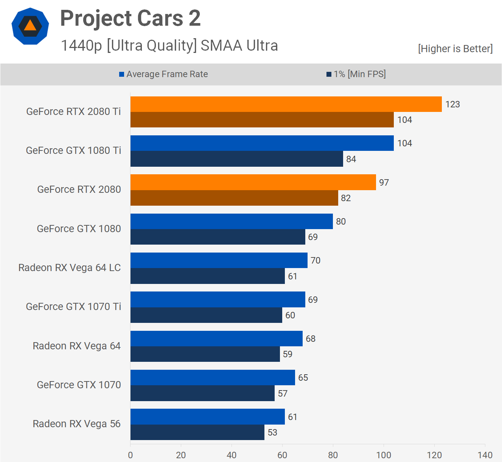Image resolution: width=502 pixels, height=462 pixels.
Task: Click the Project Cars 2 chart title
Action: coord(131,18)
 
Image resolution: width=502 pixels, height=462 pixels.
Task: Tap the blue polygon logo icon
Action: coord(30,26)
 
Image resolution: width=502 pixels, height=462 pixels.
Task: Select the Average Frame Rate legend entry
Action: coord(163,74)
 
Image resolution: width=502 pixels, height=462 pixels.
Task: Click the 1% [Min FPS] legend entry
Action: coord(356,74)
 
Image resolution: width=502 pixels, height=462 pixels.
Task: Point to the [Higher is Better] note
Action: coord(455,49)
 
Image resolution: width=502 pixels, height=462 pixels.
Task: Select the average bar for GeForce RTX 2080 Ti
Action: coord(286,104)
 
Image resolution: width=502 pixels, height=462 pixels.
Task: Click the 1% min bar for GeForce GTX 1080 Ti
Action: coord(236,159)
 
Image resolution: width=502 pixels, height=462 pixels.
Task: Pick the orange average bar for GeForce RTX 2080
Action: coord(253,182)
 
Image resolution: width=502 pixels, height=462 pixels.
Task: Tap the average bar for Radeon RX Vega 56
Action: coord(207,417)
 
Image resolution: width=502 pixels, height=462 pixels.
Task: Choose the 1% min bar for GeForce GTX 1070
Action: coord(202,393)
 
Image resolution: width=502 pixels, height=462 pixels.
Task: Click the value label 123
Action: coord(452,104)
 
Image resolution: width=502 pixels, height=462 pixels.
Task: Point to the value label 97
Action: coord(384,183)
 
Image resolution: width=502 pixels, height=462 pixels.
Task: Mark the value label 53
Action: coord(272,433)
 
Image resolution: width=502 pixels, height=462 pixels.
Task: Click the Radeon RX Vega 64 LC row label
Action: coord(70,268)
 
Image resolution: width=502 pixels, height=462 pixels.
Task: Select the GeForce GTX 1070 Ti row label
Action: coord(73,307)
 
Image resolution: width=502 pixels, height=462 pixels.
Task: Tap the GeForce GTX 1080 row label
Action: coord(79,229)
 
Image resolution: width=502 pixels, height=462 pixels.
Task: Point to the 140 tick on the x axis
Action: coord(485,455)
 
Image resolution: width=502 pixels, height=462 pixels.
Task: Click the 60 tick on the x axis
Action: coord(282,455)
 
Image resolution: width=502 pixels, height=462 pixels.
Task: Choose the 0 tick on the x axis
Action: coord(131,455)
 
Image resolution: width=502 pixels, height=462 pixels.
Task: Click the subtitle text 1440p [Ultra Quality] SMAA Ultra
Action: coord(169,45)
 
